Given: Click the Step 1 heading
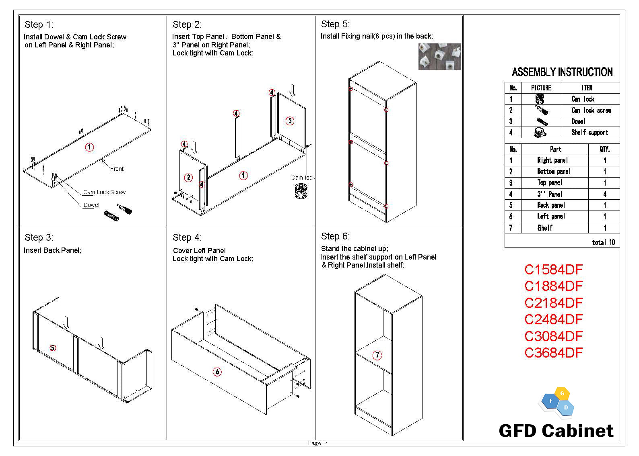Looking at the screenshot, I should tap(39, 25).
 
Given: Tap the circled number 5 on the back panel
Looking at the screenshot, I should tap(53, 348).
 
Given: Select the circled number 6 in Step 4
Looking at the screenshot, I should tap(217, 372).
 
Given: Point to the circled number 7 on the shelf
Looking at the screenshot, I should tap(377, 355).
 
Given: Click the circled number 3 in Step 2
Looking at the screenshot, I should tap(290, 121).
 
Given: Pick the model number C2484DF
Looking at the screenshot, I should tap(553, 319).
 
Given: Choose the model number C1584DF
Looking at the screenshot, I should tap(553, 270).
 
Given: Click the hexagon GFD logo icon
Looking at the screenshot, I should tap(557, 402).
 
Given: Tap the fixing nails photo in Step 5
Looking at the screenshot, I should tap(439, 57).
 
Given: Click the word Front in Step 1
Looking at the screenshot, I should tap(117, 169).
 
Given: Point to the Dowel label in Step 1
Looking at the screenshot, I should tap(91, 205).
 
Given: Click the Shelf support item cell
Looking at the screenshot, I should tap(590, 133).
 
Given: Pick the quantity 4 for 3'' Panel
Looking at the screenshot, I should tap(604, 194).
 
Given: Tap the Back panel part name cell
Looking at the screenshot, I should tap(551, 205).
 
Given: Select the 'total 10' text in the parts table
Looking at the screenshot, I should tap(603, 242).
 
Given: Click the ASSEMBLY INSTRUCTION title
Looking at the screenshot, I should tap(562, 72).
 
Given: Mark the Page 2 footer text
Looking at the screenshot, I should tap(317, 443).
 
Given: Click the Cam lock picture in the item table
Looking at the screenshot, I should tap(540, 99).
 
